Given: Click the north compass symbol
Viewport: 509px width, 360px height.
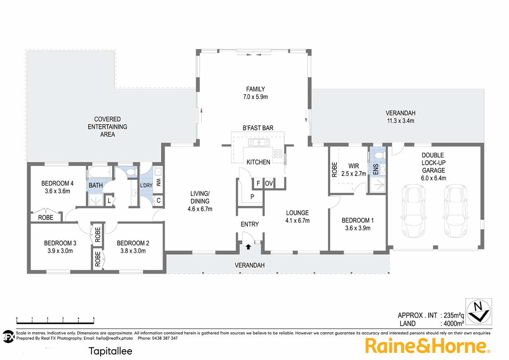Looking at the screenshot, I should pyautogui.click(x=479, y=311).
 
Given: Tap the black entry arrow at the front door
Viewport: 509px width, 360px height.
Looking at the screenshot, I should pyautogui.click(x=249, y=247).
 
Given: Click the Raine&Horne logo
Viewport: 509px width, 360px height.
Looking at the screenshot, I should pyautogui.click(x=428, y=345).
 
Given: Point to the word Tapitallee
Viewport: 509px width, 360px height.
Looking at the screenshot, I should pyautogui.click(x=110, y=351).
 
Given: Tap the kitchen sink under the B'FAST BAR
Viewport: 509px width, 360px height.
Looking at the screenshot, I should pyautogui.click(x=259, y=142).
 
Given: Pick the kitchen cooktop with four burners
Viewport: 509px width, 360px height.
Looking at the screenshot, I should pyautogui.click(x=278, y=153).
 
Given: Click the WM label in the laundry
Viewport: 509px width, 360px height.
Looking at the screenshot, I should pyautogui.click(x=158, y=183).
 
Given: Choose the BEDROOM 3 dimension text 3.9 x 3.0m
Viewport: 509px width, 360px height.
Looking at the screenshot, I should pyautogui.click(x=60, y=251).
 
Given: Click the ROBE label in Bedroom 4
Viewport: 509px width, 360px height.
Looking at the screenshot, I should pyautogui.click(x=46, y=218).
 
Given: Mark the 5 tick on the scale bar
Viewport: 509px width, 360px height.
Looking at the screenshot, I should pyautogui.click(x=93, y=319).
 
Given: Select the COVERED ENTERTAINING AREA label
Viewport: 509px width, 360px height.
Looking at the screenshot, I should pyautogui.click(x=107, y=126).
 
